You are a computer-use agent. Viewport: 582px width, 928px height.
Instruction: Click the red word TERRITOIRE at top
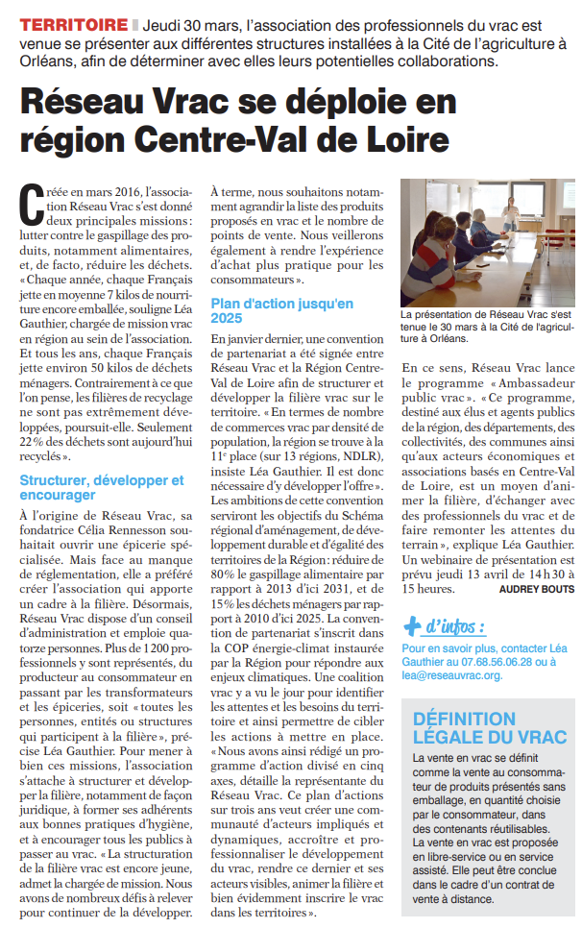(x=74, y=24)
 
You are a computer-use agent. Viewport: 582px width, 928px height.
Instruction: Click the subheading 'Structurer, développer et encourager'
(x=101, y=486)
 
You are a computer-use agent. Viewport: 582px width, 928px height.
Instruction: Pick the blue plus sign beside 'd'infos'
(x=411, y=626)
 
